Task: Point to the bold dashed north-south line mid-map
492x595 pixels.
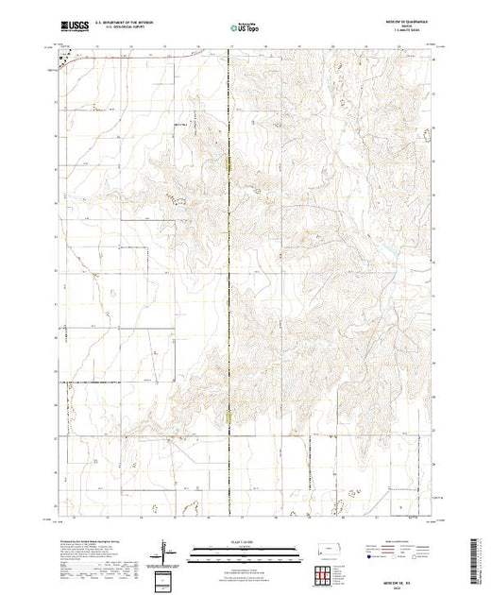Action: point(229,283)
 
